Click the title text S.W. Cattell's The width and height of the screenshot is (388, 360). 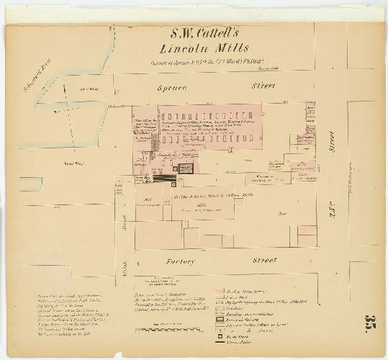pos(194,33)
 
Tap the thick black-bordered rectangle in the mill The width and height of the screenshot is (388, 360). pos(186,168)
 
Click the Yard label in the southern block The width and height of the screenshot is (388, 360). pos(283,213)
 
